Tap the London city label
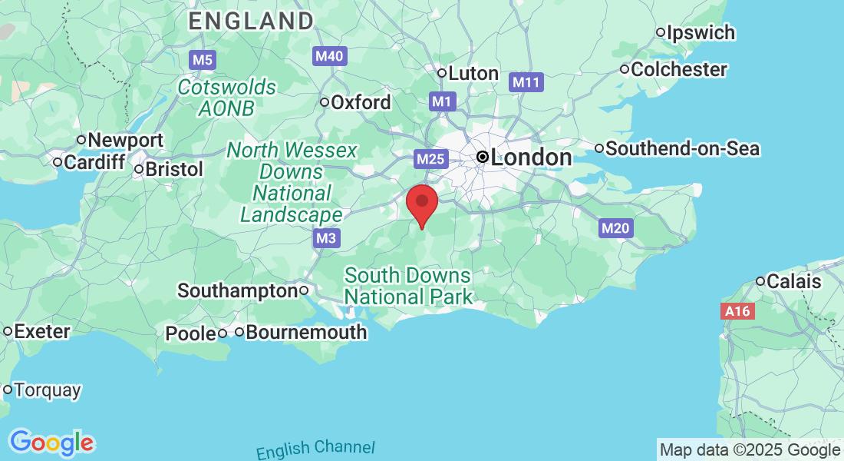[530, 158]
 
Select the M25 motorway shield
[430, 159]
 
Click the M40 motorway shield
[331, 56]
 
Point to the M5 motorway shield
[203, 59]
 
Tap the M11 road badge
[527, 82]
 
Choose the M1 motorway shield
[443, 101]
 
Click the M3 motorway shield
[326, 238]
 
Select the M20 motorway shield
[615, 227]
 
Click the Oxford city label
[361, 102]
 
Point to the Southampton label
[237, 291]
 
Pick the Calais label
[793, 282]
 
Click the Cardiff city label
[94, 163]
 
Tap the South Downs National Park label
[407, 285]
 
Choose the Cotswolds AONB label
[226, 98]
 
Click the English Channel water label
[315, 449]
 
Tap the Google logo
[51, 443]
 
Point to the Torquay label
[47, 390]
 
